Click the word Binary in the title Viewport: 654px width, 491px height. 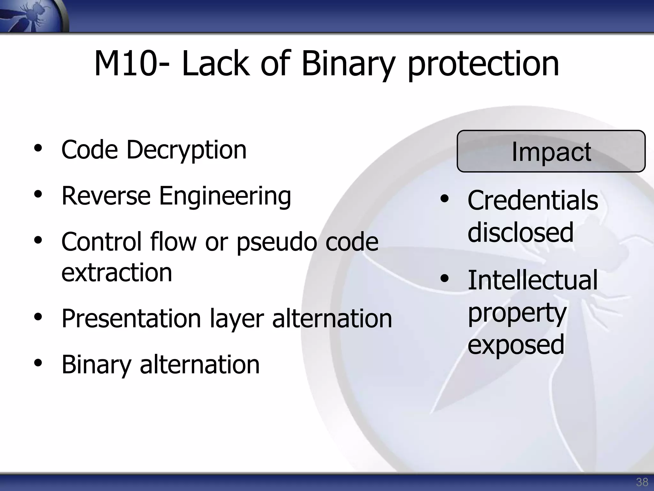coord(348,65)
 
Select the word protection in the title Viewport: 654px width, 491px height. coord(483,65)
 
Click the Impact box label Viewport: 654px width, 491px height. coord(551,152)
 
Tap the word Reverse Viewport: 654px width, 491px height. coord(106,196)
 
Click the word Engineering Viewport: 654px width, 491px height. coord(225,196)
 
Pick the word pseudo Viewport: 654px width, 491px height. coord(277,242)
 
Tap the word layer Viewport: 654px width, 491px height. coord(237,319)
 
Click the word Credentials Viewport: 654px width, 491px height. coord(533,200)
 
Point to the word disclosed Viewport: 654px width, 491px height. coord(521,232)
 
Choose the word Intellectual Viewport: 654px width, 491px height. coord(532,280)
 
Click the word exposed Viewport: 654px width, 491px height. coord(516,345)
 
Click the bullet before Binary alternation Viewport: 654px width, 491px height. coord(38,363)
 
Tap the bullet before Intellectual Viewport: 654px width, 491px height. coord(444,279)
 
